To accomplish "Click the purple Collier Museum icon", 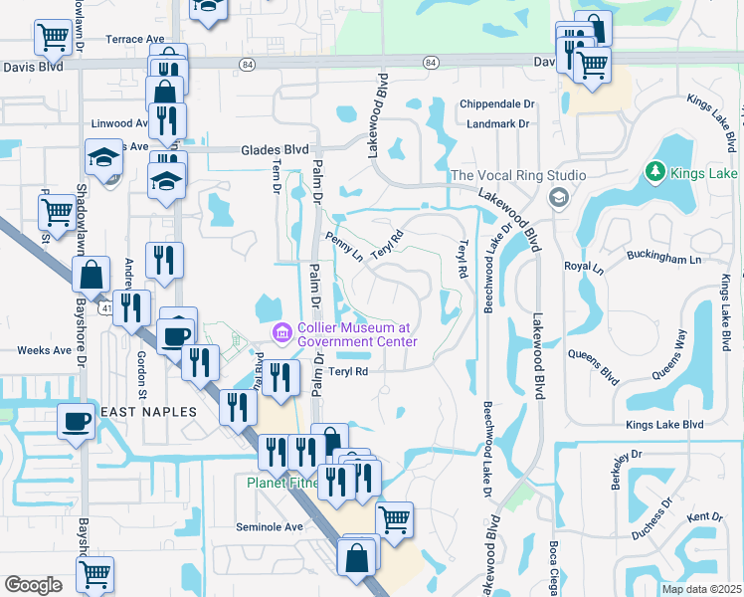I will coord(281,331).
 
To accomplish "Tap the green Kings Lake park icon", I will coord(654,172).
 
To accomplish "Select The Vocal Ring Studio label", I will coord(517,176).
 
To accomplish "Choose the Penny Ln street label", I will coord(344,246).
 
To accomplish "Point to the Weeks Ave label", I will coord(45,350).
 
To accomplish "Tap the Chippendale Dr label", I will coord(497,104).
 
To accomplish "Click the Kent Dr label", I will coord(704,516).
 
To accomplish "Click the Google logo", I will coord(33,585).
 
